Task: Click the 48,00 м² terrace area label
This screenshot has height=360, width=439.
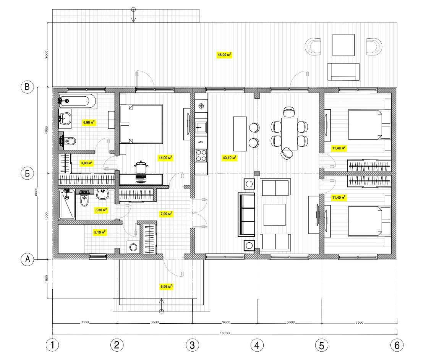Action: click(225, 55)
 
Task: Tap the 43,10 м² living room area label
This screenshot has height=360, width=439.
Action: click(229, 157)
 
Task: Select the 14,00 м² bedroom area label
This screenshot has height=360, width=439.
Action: click(165, 157)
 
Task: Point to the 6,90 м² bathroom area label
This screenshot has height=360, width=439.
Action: click(89, 122)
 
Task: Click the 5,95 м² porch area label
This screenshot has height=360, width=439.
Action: click(166, 286)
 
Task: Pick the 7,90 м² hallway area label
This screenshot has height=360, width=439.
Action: click(166, 214)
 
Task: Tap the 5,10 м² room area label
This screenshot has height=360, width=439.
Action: click(100, 232)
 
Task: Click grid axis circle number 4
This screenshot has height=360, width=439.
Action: click(257, 345)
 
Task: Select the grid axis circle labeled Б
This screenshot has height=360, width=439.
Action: click(27, 173)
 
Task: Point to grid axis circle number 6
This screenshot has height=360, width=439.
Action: click(397, 345)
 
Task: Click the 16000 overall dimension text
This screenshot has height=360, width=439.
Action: click(225, 333)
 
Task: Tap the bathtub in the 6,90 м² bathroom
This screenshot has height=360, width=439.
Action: click(78, 101)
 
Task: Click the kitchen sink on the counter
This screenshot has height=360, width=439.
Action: click(201, 127)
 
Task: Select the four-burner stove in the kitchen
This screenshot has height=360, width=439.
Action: click(201, 156)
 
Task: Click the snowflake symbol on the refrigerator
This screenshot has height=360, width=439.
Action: click(201, 106)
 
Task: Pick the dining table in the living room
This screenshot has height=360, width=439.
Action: click(289, 134)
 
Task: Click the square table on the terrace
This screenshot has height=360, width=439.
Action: click(343, 45)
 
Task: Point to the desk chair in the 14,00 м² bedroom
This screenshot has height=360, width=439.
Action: click(141, 167)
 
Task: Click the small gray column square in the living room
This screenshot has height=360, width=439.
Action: click(257, 173)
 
